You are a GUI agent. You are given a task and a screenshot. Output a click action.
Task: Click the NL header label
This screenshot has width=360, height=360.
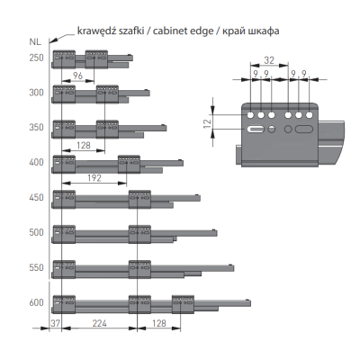tap(35, 42)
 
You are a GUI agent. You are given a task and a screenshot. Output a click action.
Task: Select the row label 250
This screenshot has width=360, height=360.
tap(37, 58)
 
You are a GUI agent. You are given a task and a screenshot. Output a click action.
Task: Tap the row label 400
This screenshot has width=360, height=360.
tap(37, 162)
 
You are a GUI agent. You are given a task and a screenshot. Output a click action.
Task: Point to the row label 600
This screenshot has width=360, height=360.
tap(37, 302)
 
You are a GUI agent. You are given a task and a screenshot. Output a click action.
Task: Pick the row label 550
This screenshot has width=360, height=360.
tap(37, 267)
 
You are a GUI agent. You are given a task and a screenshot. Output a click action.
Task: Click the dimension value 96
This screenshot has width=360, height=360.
tap(77, 76)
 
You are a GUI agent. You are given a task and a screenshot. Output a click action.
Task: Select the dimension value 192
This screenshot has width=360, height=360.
tap(94, 178)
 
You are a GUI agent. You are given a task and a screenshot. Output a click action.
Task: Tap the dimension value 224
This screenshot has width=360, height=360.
tap(99, 323)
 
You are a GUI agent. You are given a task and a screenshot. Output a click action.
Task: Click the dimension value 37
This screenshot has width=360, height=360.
tap(55, 323)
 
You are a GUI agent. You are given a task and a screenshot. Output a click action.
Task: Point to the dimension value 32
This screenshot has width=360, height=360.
tap(269, 60)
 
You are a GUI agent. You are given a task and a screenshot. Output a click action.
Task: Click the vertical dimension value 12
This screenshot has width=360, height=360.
tap(207, 123)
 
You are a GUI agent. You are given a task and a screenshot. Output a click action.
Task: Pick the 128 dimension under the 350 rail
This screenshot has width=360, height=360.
tap(84, 145)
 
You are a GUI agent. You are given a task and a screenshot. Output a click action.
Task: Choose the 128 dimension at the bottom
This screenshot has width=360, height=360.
tap(159, 323)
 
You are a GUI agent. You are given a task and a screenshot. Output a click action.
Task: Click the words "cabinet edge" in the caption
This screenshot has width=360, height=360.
tap(183, 31)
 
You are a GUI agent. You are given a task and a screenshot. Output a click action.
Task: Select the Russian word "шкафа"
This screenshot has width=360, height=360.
tap(264, 31)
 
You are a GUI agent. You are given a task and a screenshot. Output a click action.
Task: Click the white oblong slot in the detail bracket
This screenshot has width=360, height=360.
tap(256, 130)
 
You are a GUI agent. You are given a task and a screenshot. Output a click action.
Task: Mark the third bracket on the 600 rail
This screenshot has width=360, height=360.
tap(184, 304)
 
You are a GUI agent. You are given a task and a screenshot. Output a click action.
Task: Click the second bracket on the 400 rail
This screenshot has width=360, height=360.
tap(129, 164)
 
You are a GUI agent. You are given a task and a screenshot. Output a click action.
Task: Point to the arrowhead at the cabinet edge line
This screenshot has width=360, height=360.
tap(51, 41)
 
